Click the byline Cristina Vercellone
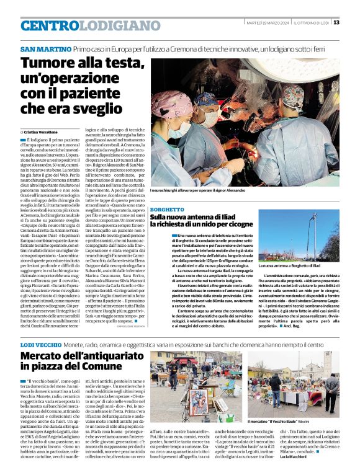coord(40,132)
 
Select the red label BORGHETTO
coord(168,210)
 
